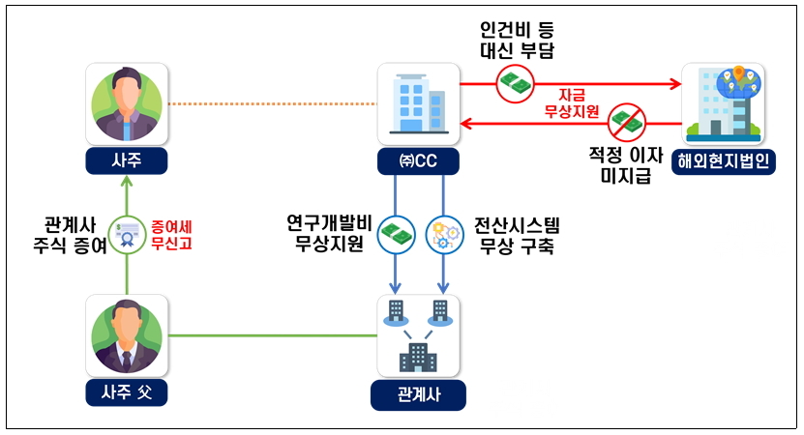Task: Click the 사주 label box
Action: point(126,160)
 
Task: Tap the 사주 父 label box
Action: point(126,393)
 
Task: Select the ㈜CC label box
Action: point(418,161)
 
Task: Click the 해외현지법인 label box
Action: point(723,161)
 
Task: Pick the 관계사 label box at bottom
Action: point(418,395)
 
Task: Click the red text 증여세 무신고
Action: point(171,235)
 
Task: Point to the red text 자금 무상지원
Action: point(571,103)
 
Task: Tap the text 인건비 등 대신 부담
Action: point(517,40)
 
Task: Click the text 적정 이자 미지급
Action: point(626,165)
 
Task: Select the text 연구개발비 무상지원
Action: point(329,234)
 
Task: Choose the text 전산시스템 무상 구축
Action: point(517,236)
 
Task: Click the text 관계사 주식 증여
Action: point(70,235)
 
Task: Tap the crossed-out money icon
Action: point(627,123)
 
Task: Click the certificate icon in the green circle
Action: point(127,235)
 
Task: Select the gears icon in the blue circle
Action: point(444,235)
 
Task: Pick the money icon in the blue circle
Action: point(396,235)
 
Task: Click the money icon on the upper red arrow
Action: point(515,83)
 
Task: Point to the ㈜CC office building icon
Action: point(418,104)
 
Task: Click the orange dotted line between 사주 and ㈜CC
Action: point(272,104)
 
